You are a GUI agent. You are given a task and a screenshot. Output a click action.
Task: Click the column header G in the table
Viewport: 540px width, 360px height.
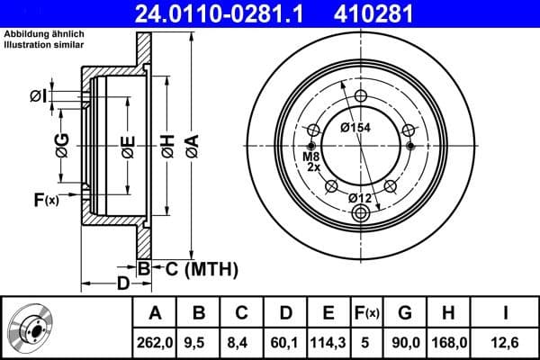[x=405, y=313]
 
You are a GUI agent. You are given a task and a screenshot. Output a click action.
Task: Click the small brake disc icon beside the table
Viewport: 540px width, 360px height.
[x=34, y=328]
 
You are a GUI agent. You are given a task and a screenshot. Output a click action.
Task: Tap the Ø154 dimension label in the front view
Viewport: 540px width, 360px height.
[x=356, y=127]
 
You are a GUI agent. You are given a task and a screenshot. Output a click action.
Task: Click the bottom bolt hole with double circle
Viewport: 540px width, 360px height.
[x=362, y=213]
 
